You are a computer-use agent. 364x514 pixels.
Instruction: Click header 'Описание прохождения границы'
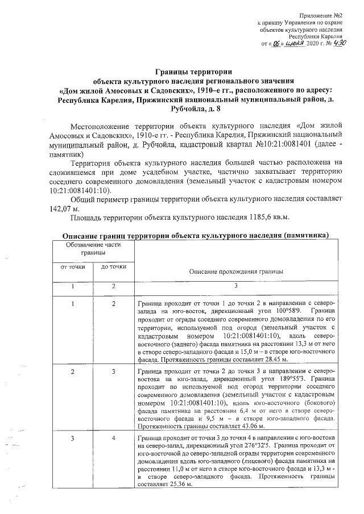coord(236,272)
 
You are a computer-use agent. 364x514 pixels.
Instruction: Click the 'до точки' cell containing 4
coord(113,438)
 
